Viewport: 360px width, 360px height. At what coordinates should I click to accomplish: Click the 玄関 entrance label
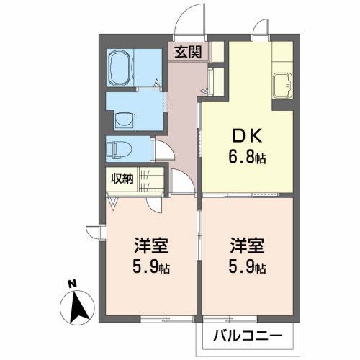189,52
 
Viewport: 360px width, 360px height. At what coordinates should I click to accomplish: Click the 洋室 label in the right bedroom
246,245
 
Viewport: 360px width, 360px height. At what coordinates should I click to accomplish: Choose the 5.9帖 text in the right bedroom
246,268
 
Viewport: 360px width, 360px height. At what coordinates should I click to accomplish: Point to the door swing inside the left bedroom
145,204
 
